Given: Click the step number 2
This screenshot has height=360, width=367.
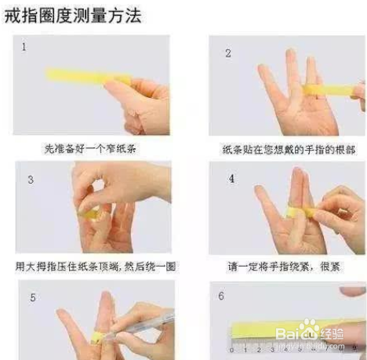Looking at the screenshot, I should click(228, 53).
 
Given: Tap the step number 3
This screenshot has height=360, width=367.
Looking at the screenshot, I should click(29, 179).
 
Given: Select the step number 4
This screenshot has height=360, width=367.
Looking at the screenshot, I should click(231, 179).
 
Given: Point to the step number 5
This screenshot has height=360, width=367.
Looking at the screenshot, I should click(32, 299).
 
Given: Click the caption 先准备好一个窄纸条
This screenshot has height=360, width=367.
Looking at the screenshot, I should click(93, 147).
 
